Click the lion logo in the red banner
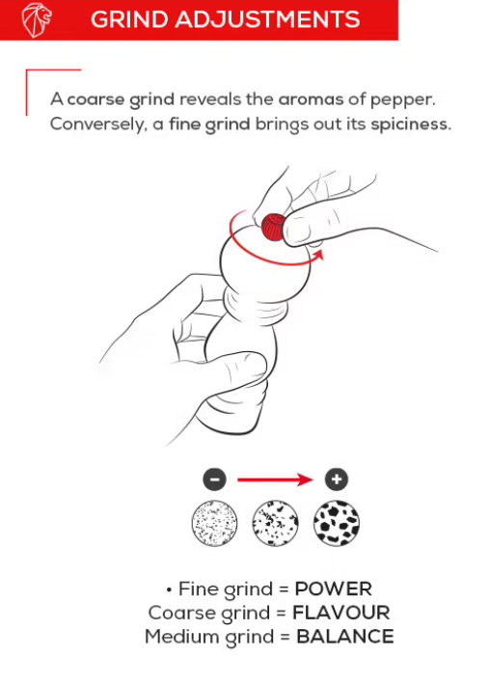pyautogui.click(x=37, y=20)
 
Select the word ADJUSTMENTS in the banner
pyautogui.click(x=268, y=19)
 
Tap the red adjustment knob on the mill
pyautogui.click(x=273, y=227)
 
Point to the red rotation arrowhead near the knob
pyautogui.click(x=318, y=255)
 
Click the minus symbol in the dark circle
pyautogui.click(x=214, y=479)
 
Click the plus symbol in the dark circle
pyautogui.click(x=337, y=479)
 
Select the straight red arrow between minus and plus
pyautogui.click(x=275, y=479)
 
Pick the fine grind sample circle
pyautogui.click(x=214, y=523)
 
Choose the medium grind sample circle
pyautogui.click(x=275, y=523)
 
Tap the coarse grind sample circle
pyautogui.click(x=337, y=523)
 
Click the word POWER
pyautogui.click(x=333, y=589)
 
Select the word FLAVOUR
pyautogui.click(x=341, y=613)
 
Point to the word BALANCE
pyautogui.click(x=345, y=637)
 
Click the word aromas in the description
pyautogui.click(x=311, y=99)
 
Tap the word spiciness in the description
pyautogui.click(x=411, y=124)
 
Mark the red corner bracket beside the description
pyautogui.click(x=27, y=88)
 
